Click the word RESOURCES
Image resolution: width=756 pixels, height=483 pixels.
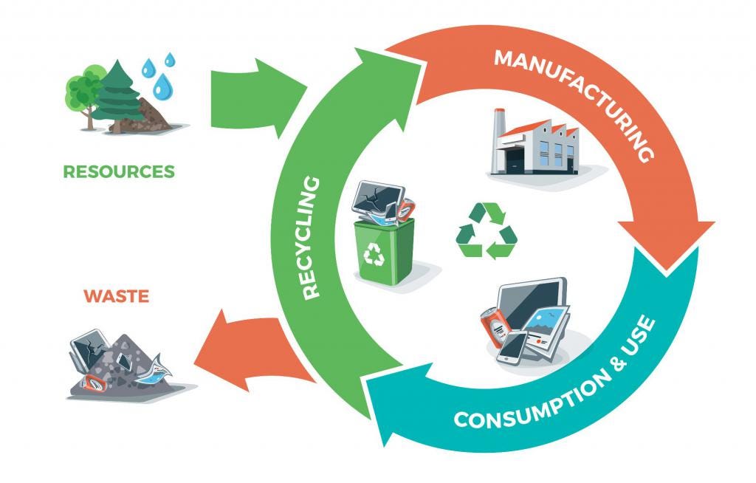119,172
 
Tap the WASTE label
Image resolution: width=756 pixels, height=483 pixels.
116,297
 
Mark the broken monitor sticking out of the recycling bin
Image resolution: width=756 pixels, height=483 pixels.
377,200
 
